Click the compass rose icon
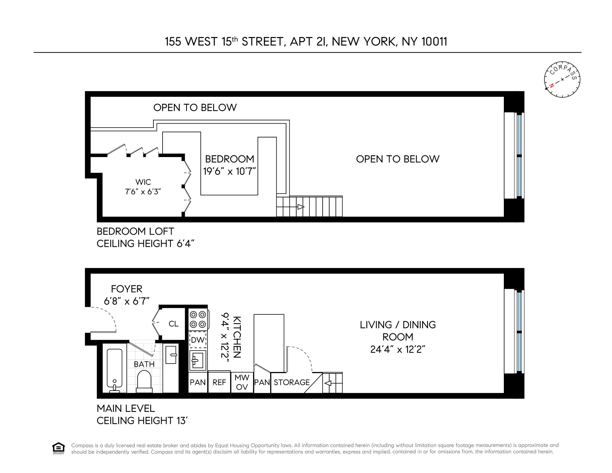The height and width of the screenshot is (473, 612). [x=562, y=79]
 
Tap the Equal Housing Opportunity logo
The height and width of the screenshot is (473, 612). [x=58, y=448]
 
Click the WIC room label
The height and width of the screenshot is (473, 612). [x=143, y=182]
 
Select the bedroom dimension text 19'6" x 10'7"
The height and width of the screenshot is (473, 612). [x=229, y=171]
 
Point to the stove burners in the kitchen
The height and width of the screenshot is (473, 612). [x=198, y=319]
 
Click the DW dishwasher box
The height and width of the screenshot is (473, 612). [x=198, y=340]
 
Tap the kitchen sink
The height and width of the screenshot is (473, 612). [x=198, y=360]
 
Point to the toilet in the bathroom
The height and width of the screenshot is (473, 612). [x=144, y=381]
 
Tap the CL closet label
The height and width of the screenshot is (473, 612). [x=173, y=324]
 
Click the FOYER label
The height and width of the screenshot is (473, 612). [x=127, y=289]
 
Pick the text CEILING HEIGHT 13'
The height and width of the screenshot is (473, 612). [x=142, y=421]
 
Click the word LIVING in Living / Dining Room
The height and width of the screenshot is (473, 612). [x=376, y=325]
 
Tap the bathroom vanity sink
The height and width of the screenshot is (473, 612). [x=171, y=355]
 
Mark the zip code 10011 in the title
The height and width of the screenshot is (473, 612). [x=434, y=42]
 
